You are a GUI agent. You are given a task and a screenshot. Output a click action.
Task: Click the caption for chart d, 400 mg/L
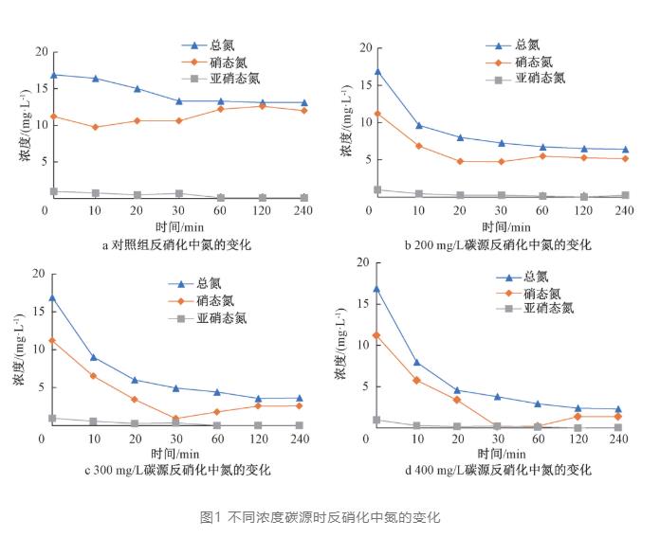click(498, 470)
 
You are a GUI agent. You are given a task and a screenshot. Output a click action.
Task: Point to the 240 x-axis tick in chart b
click(623, 209)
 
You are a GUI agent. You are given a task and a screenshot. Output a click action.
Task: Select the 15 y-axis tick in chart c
click(37, 312)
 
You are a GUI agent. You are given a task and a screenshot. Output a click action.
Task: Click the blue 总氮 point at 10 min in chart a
click(96, 79)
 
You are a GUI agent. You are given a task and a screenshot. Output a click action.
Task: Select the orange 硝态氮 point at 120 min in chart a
click(262, 106)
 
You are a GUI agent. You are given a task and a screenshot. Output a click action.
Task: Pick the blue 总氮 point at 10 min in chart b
click(418, 125)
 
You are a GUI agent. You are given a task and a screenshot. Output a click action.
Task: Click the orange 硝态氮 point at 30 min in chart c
click(176, 419)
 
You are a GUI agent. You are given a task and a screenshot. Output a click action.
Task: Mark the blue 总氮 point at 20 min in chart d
click(457, 390)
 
